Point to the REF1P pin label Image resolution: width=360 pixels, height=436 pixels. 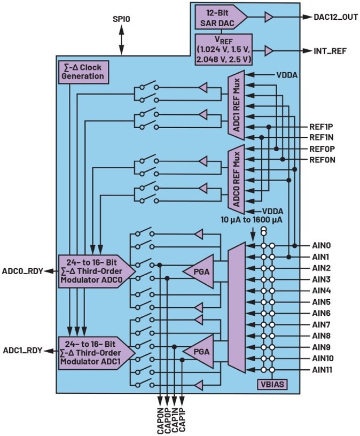coord(321,127)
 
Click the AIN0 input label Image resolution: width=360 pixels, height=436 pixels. coord(322,246)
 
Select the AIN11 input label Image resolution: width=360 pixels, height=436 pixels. coord(323,369)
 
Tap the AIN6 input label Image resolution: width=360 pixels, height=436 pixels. coord(322,313)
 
